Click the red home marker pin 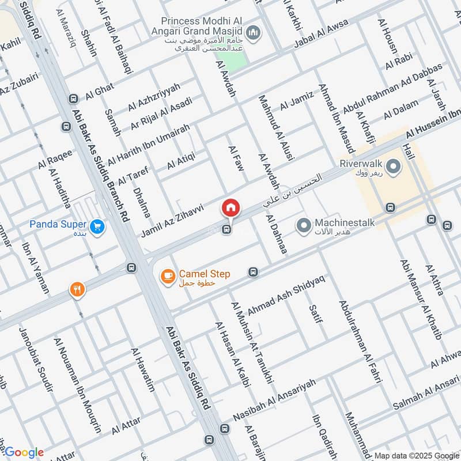click(x=231, y=208)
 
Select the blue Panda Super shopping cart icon click(x=97, y=226)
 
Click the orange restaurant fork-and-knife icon click(x=76, y=290)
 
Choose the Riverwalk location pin click(x=394, y=168)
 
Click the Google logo click(x=24, y=452)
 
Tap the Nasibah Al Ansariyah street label click(x=275, y=399)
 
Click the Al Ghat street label click(x=100, y=91)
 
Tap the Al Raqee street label click(x=56, y=158)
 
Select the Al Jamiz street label click(x=296, y=100)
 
